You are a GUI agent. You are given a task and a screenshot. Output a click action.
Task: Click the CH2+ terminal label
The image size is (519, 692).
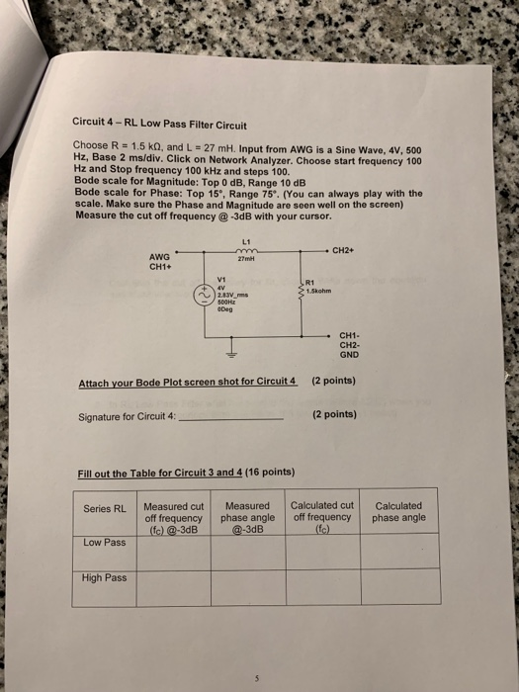coord(343,250)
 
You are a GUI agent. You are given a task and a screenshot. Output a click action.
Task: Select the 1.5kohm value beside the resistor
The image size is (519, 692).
coord(322,291)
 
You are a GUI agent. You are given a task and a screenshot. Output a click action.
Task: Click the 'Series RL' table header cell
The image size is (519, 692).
coord(105,510)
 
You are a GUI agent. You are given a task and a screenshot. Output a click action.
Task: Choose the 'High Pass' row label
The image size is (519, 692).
coord(105,577)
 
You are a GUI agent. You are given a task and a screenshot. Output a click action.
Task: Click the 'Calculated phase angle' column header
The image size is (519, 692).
coord(399,511)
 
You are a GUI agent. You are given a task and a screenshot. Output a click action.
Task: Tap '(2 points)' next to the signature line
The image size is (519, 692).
coord(334,415)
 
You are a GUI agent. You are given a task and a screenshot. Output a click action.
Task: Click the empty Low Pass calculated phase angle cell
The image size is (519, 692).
coord(399,551)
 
